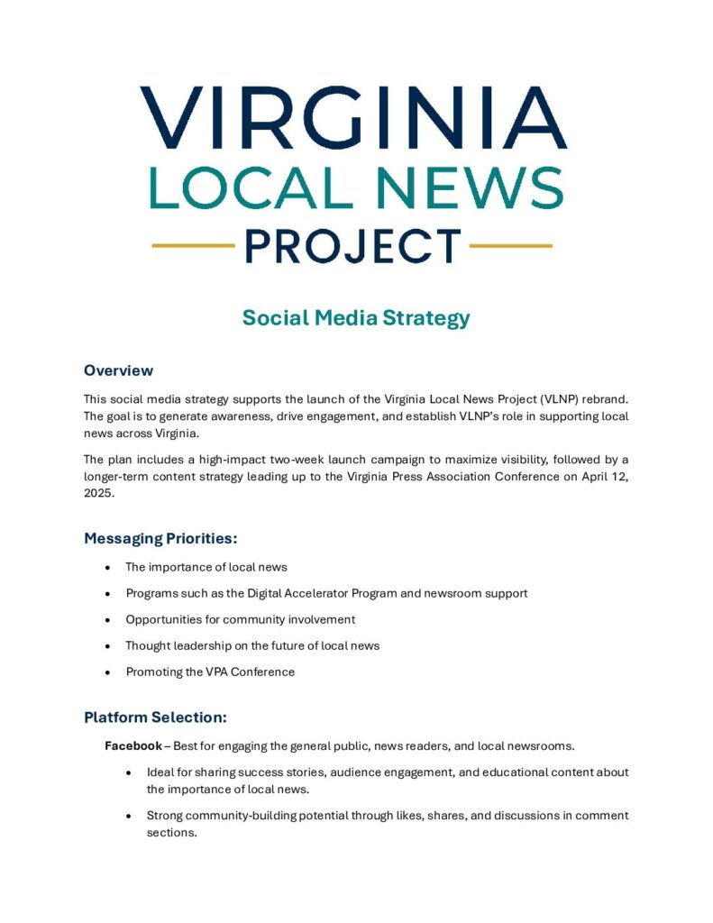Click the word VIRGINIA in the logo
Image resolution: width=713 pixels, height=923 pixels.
(x=354, y=117)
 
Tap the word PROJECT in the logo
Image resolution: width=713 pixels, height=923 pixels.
(x=352, y=246)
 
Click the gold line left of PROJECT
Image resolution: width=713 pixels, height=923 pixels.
(x=193, y=245)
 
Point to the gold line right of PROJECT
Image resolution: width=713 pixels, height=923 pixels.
(x=511, y=245)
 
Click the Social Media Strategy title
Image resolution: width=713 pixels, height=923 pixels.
(x=356, y=318)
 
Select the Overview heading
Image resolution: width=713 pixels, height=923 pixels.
(x=118, y=370)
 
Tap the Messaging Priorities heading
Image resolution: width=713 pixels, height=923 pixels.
(x=160, y=539)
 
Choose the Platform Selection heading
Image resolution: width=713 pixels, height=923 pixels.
(x=155, y=717)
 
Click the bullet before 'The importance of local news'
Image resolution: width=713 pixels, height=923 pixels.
(x=108, y=568)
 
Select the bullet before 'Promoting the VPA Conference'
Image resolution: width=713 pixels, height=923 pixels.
(x=108, y=672)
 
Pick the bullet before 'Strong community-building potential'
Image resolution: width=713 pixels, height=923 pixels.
(x=130, y=816)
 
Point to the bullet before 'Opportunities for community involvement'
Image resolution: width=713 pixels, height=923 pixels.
(x=108, y=620)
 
